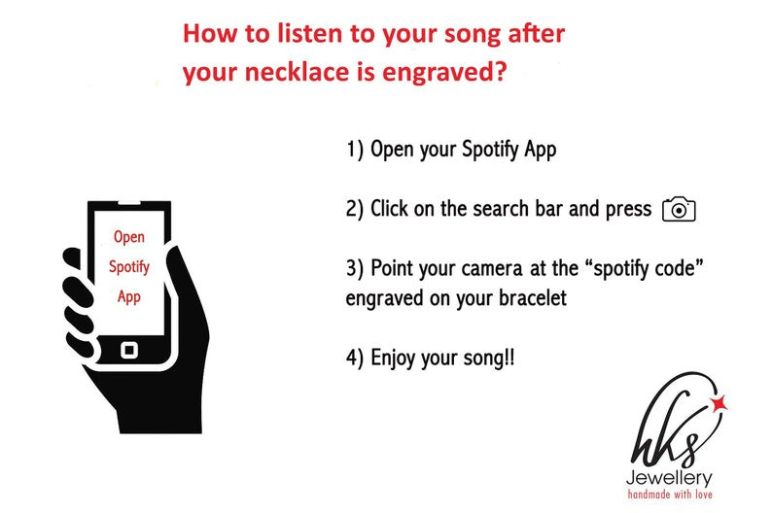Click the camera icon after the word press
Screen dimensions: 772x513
679,210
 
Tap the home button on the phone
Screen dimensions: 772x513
129,350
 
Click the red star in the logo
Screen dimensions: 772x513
719,403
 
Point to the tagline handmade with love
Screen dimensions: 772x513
670,494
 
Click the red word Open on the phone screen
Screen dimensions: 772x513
129,238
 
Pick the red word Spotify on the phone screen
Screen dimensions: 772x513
129,267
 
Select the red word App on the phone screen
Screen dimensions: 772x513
129,297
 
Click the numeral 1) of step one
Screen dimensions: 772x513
355,149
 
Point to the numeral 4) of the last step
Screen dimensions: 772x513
355,358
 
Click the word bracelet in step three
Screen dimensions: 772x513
533,297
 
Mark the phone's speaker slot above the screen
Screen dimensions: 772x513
129,204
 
